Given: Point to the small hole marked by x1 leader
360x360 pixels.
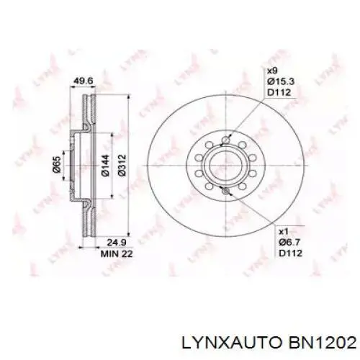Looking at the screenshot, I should click(x=227, y=191).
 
